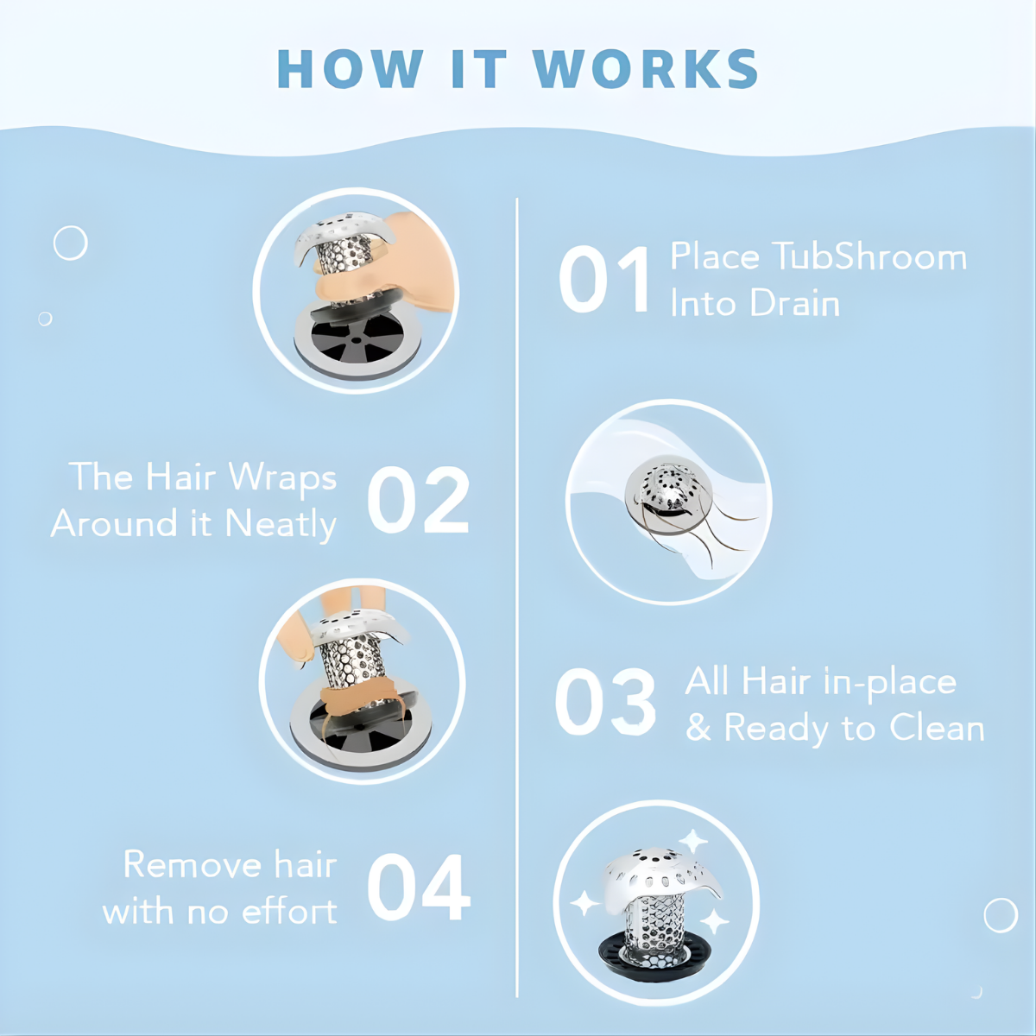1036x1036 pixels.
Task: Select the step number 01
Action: click(x=604, y=279)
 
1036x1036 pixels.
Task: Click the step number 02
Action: click(x=418, y=500)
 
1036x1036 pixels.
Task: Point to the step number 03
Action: click(x=605, y=701)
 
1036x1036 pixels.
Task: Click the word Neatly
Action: click(x=281, y=525)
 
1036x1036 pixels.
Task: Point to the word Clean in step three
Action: click(x=936, y=728)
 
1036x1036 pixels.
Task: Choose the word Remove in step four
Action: click(x=193, y=864)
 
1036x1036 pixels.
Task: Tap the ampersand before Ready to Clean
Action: click(x=698, y=728)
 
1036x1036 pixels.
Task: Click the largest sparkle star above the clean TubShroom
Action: click(x=693, y=843)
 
